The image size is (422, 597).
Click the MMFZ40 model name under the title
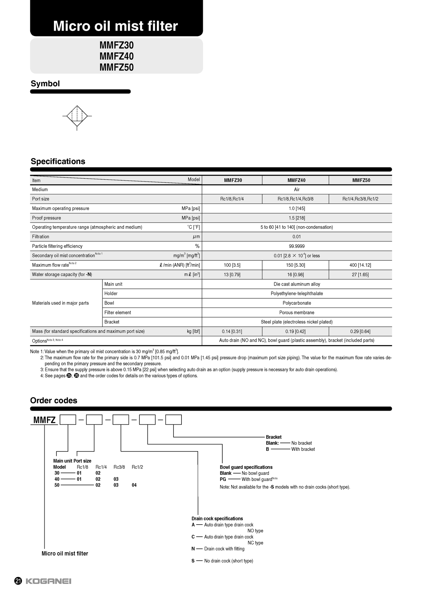point(116,56)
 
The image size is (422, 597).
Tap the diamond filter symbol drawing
point(77,116)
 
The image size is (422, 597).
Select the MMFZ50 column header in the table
point(361,180)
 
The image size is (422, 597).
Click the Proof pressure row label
point(47,218)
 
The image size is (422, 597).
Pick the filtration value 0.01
point(297,237)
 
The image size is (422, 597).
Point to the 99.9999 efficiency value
point(297,246)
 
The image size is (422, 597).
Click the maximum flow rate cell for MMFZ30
point(232,265)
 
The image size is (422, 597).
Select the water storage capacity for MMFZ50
point(360,274)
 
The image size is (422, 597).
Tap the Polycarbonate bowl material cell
point(297,303)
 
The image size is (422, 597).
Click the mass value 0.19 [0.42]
point(295,332)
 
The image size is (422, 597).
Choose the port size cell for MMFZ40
point(295,199)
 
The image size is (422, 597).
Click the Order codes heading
point(54,400)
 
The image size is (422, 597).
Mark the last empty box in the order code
point(174,420)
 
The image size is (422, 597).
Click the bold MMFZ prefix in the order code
point(44,420)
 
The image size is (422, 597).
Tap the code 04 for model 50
point(134,485)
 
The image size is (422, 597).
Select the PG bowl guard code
point(223,479)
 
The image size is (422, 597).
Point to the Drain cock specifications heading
point(217,519)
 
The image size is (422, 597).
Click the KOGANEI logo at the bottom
point(48,581)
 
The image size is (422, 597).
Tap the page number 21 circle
point(18,581)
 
